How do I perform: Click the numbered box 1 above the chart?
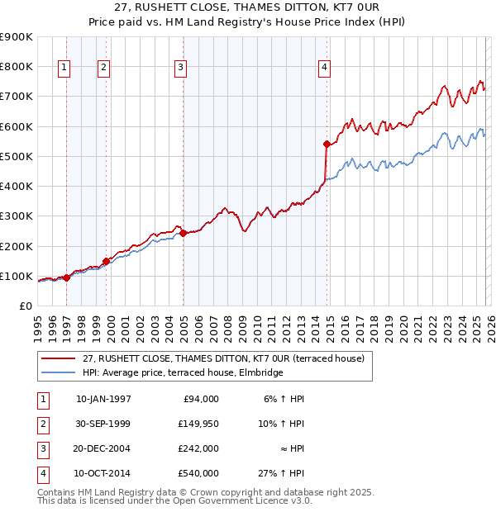coord(65,68)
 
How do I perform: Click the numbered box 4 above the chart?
coord(325,68)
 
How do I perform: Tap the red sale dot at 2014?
coord(327,145)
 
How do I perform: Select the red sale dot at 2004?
coord(183,233)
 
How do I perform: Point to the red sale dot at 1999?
coord(106,261)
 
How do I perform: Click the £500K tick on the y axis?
coord(17,156)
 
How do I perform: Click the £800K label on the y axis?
coord(17,66)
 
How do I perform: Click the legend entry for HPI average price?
coord(182,372)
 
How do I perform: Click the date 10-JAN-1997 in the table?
coord(103,399)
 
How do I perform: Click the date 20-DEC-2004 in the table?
coord(103,448)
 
